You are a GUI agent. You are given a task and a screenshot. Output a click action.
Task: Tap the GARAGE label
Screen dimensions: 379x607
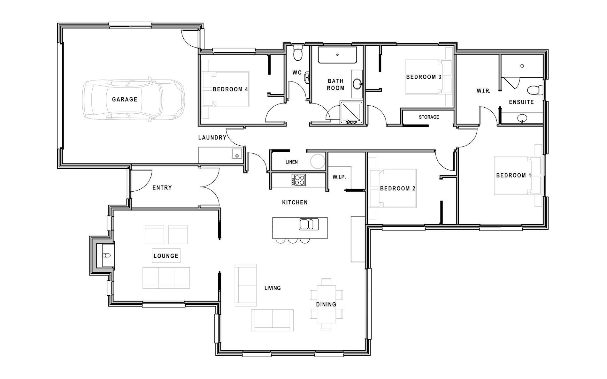click(x=125, y=100)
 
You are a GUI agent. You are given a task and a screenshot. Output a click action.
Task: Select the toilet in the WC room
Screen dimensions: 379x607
click(x=298, y=53)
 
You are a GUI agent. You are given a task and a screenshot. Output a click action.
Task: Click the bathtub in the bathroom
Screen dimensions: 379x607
click(x=337, y=55)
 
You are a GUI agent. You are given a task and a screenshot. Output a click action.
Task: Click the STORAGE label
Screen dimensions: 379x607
click(x=429, y=117)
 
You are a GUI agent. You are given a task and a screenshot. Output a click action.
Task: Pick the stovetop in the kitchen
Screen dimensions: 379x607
click(x=298, y=180)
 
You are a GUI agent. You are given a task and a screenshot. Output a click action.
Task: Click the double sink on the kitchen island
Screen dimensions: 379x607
click(x=309, y=224)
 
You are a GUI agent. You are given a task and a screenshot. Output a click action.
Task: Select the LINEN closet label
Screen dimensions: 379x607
click(x=291, y=162)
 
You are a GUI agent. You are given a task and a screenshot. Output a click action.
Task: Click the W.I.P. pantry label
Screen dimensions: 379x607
click(x=339, y=177)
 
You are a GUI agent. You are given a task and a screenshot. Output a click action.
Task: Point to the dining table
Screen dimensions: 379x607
click(x=327, y=304)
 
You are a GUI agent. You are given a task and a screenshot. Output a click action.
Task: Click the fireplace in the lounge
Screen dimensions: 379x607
click(x=105, y=255)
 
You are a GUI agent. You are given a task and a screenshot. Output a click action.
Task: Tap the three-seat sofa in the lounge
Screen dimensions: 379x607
click(x=166, y=278)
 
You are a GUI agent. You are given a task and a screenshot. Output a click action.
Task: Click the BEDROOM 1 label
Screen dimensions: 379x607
click(x=513, y=175)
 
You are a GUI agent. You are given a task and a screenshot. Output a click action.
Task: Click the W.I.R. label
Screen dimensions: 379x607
click(x=483, y=91)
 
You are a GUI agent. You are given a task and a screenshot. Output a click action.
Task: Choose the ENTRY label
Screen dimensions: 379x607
click(x=162, y=188)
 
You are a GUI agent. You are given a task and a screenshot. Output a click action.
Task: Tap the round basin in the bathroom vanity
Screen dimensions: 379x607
click(x=357, y=85)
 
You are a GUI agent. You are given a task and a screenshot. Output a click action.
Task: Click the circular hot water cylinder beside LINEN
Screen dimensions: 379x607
click(x=318, y=162)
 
